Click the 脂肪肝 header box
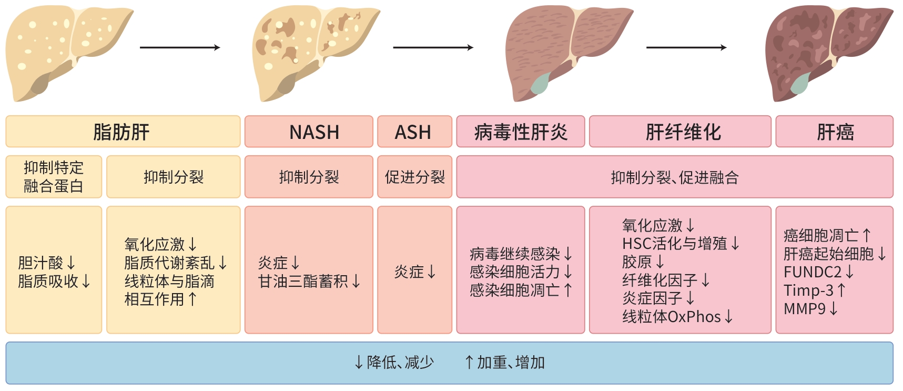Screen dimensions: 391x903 pos(123,132)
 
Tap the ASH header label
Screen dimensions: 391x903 pos(414,132)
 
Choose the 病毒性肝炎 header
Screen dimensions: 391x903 pos(520,132)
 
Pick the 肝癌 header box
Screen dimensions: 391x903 pos(834,132)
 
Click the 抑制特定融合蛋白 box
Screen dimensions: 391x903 pos(54,177)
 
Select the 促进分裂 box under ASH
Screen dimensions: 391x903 pos(414,177)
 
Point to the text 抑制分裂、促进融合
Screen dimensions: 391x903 pos(674,177)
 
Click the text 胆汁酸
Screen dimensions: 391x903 pos(40,263)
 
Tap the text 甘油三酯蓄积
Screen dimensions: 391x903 pos(303,282)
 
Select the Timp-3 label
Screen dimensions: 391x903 pos(808,290)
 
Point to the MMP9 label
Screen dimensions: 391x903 pos(805,308)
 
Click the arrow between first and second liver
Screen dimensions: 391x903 pos(180,48)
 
